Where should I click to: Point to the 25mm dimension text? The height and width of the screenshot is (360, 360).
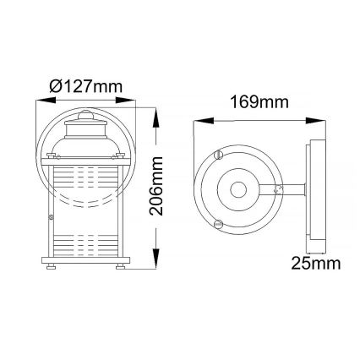point(314,263)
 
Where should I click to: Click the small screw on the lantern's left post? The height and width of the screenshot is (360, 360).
point(52,218)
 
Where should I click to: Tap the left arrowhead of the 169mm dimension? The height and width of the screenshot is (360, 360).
point(198,121)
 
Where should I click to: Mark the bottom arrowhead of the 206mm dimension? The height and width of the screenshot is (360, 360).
point(157,265)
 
